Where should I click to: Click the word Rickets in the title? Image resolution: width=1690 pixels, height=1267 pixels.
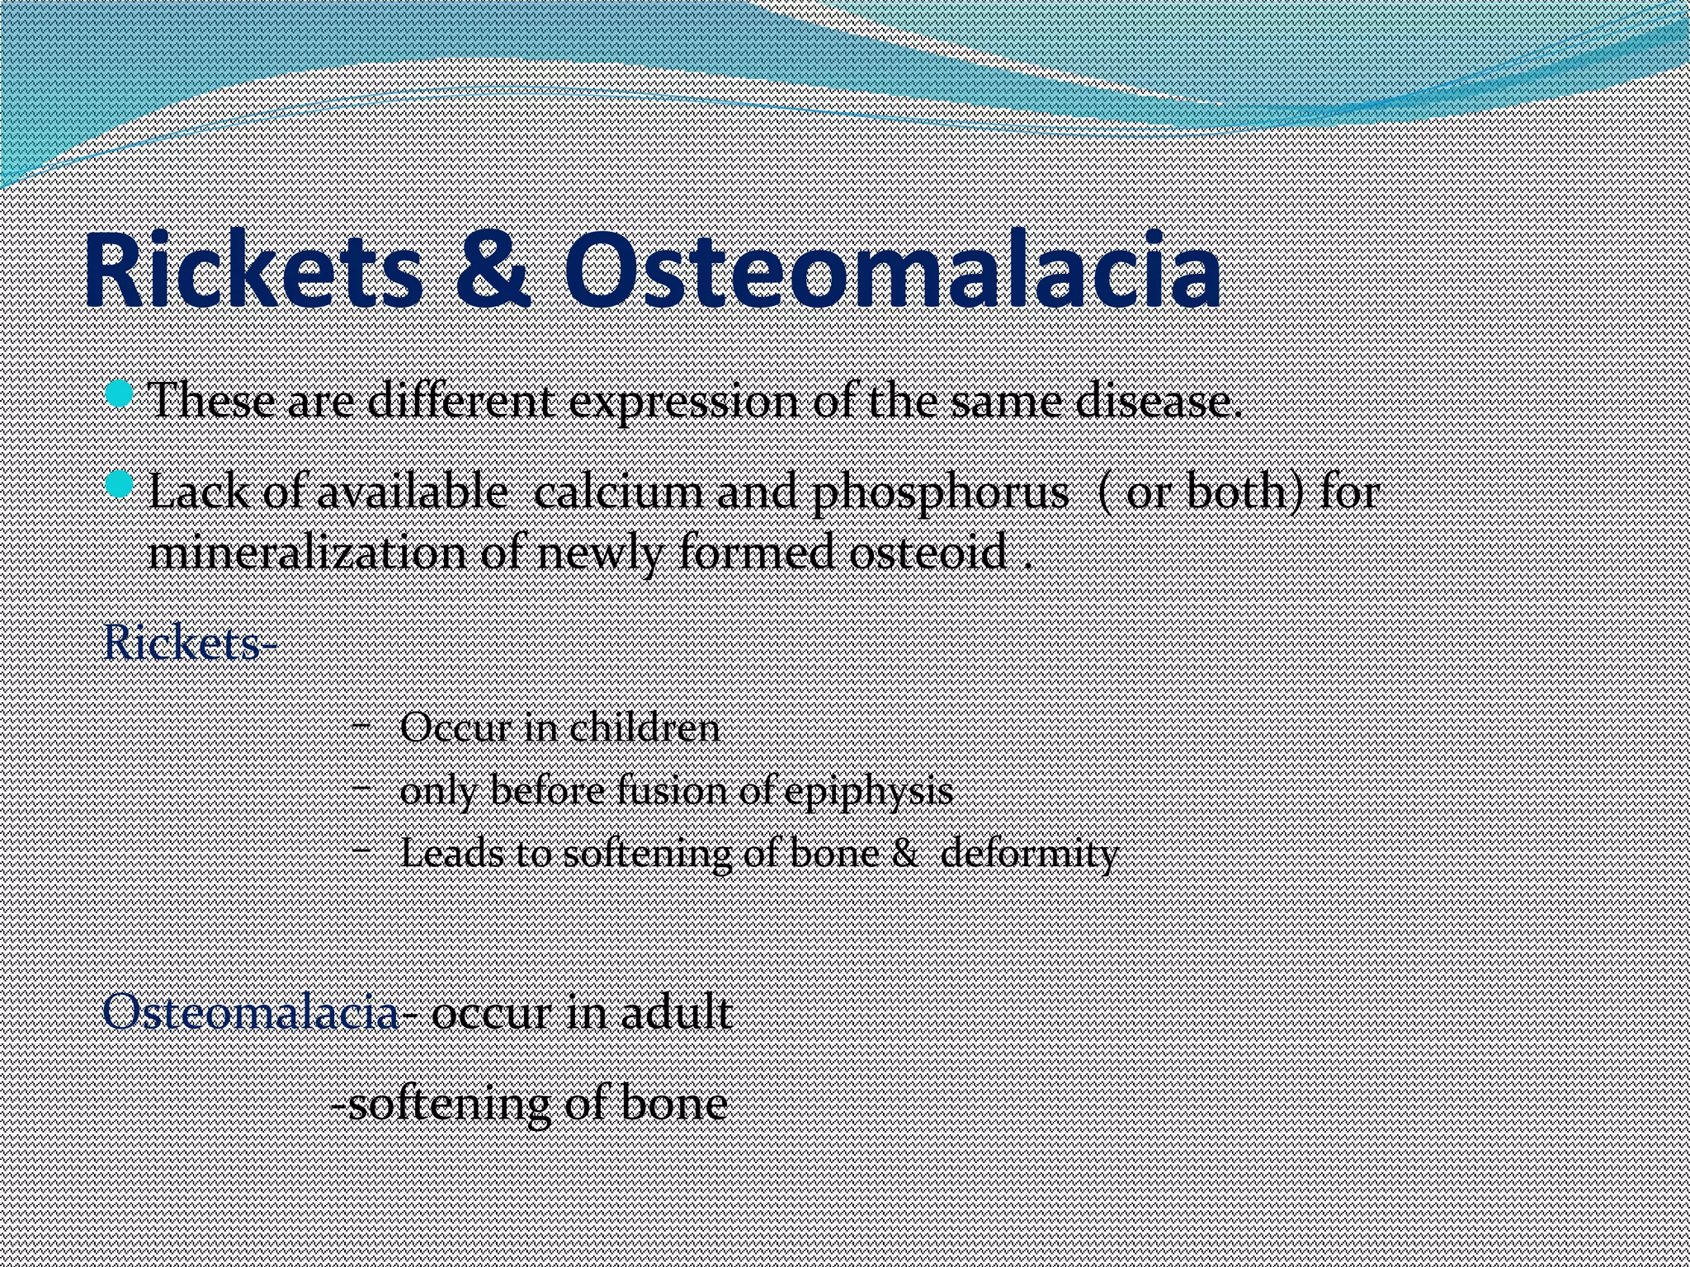(253, 271)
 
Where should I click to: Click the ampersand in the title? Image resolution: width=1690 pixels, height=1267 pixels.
(493, 271)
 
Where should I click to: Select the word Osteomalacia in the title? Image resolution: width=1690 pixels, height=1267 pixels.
(891, 271)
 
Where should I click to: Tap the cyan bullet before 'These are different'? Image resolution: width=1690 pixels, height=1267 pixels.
(120, 393)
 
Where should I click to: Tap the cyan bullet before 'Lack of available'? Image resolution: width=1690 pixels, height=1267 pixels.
(120, 484)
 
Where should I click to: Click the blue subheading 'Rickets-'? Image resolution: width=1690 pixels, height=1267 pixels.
(190, 643)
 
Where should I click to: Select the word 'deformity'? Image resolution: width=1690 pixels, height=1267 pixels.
(1030, 853)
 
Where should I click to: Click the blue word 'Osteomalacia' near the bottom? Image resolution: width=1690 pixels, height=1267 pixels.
(251, 1012)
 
